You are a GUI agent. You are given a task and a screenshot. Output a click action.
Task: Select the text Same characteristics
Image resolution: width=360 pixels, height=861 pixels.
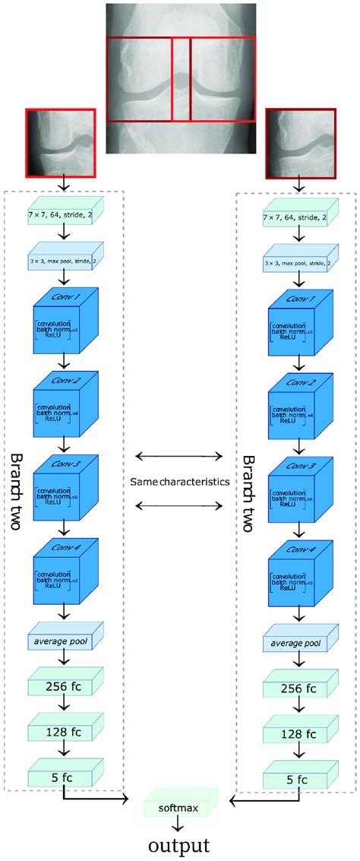pyautogui.click(x=179, y=482)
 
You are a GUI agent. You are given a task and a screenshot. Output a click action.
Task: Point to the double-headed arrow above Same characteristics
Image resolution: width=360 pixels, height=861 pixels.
pyautogui.click(x=179, y=457)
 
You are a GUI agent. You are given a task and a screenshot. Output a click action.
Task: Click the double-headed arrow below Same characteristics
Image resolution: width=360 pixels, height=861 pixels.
pyautogui.click(x=179, y=505)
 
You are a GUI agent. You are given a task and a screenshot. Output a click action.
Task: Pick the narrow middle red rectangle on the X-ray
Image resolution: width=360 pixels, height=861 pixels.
pyautogui.click(x=181, y=79)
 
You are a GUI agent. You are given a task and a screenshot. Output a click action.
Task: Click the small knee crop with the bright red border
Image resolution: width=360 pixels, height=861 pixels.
pyautogui.click(x=61, y=142)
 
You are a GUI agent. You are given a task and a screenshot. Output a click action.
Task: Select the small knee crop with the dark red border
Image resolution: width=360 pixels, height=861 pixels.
pyautogui.click(x=300, y=142)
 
